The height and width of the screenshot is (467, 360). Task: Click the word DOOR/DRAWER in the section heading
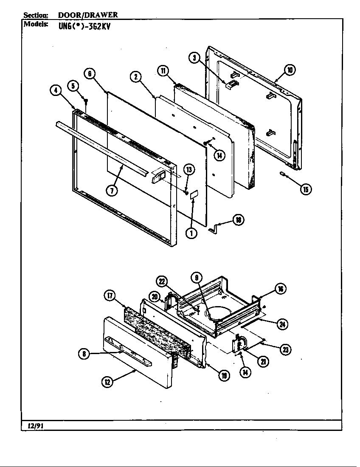click(88, 15)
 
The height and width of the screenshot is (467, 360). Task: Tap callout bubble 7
click(112, 191)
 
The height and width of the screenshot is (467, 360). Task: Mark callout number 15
click(305, 189)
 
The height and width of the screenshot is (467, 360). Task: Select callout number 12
click(107, 382)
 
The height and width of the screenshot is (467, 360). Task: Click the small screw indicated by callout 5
click(86, 101)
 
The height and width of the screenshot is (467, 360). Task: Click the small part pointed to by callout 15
click(282, 173)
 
